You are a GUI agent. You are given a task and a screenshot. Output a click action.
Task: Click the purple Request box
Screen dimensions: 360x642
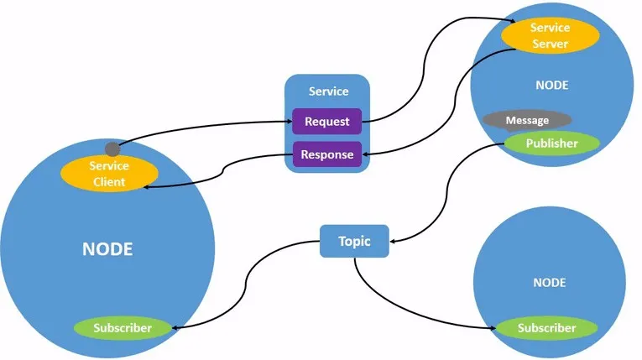pos(326,122)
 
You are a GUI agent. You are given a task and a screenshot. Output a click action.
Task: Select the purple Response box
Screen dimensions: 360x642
pos(326,154)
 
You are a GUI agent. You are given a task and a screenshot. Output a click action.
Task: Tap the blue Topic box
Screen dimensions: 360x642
pos(354,242)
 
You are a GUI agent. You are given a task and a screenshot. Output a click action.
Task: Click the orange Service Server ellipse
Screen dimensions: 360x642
pos(550,35)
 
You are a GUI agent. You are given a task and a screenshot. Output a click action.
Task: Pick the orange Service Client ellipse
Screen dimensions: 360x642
pos(109,174)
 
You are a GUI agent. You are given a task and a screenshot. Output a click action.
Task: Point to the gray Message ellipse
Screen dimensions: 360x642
pos(527,120)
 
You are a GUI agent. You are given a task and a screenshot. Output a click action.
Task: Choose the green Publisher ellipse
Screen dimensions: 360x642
pos(551,143)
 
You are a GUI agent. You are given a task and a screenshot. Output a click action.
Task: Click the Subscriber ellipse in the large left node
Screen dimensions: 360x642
pos(123,327)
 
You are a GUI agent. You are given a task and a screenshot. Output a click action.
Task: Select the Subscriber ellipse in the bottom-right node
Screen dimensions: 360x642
pos(546,328)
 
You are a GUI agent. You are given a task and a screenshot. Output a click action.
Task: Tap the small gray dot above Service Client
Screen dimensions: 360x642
pos(112,149)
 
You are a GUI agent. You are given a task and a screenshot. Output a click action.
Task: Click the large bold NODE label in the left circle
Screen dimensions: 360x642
pos(107,249)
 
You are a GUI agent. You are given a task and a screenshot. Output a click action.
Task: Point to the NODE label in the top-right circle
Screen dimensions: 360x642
pos(551,85)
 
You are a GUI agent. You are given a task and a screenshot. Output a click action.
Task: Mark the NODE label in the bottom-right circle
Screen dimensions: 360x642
pos(549,283)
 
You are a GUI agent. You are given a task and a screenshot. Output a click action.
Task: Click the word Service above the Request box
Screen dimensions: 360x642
pos(328,91)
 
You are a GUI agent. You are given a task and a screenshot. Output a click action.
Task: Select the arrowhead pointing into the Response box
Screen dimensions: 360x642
pos(366,154)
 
